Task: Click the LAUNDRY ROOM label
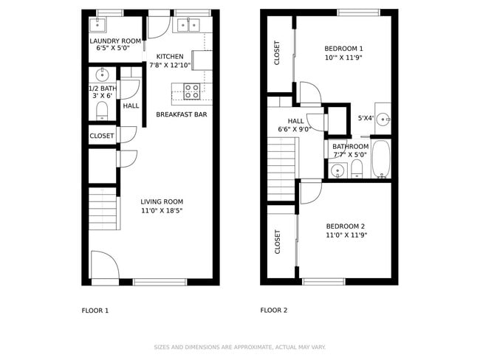point(115,41)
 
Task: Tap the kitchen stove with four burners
point(191,91)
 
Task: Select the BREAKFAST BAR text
point(181,115)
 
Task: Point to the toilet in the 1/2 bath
point(102,111)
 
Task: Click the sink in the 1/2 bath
point(102,75)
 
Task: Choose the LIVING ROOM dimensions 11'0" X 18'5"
point(162,211)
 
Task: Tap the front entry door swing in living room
point(104,266)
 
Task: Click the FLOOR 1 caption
point(95,311)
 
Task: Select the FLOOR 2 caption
point(273,311)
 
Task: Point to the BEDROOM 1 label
point(344,49)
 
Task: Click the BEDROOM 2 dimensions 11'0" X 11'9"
point(346,235)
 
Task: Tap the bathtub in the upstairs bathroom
point(380,159)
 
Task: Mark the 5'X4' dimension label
point(365,117)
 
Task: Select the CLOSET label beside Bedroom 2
point(278,242)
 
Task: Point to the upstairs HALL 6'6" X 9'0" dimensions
point(295,130)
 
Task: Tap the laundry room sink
point(97,24)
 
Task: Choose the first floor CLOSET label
point(102,136)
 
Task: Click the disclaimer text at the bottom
point(239,347)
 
